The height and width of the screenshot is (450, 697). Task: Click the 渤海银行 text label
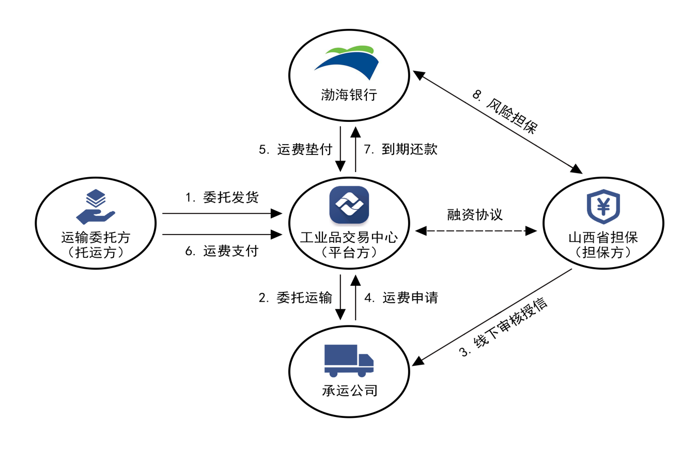pyautogui.click(x=349, y=95)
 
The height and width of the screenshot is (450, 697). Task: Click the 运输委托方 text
pyautogui.click(x=96, y=238)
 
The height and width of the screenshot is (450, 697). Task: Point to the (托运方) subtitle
pyautogui.click(x=96, y=253)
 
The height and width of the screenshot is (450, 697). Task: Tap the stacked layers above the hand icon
pyautogui.click(x=96, y=198)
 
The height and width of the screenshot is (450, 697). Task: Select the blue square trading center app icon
pyautogui.click(x=349, y=205)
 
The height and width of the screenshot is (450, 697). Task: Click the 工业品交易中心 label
pyautogui.click(x=349, y=238)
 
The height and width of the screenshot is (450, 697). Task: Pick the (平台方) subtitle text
pyautogui.click(x=349, y=253)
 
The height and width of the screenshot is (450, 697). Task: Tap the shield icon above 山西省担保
pyautogui.click(x=603, y=206)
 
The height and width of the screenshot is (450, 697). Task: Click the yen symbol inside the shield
pyautogui.click(x=603, y=206)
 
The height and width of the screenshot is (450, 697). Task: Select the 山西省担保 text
pyautogui.click(x=603, y=238)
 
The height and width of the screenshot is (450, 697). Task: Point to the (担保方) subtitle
pyautogui.click(x=603, y=253)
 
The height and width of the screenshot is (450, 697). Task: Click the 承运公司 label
pyautogui.click(x=349, y=391)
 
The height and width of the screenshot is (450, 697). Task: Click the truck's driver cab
pyautogui.click(x=365, y=360)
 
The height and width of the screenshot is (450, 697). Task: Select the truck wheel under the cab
pyautogui.click(x=362, y=373)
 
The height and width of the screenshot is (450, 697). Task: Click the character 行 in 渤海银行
pyautogui.click(x=370, y=95)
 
